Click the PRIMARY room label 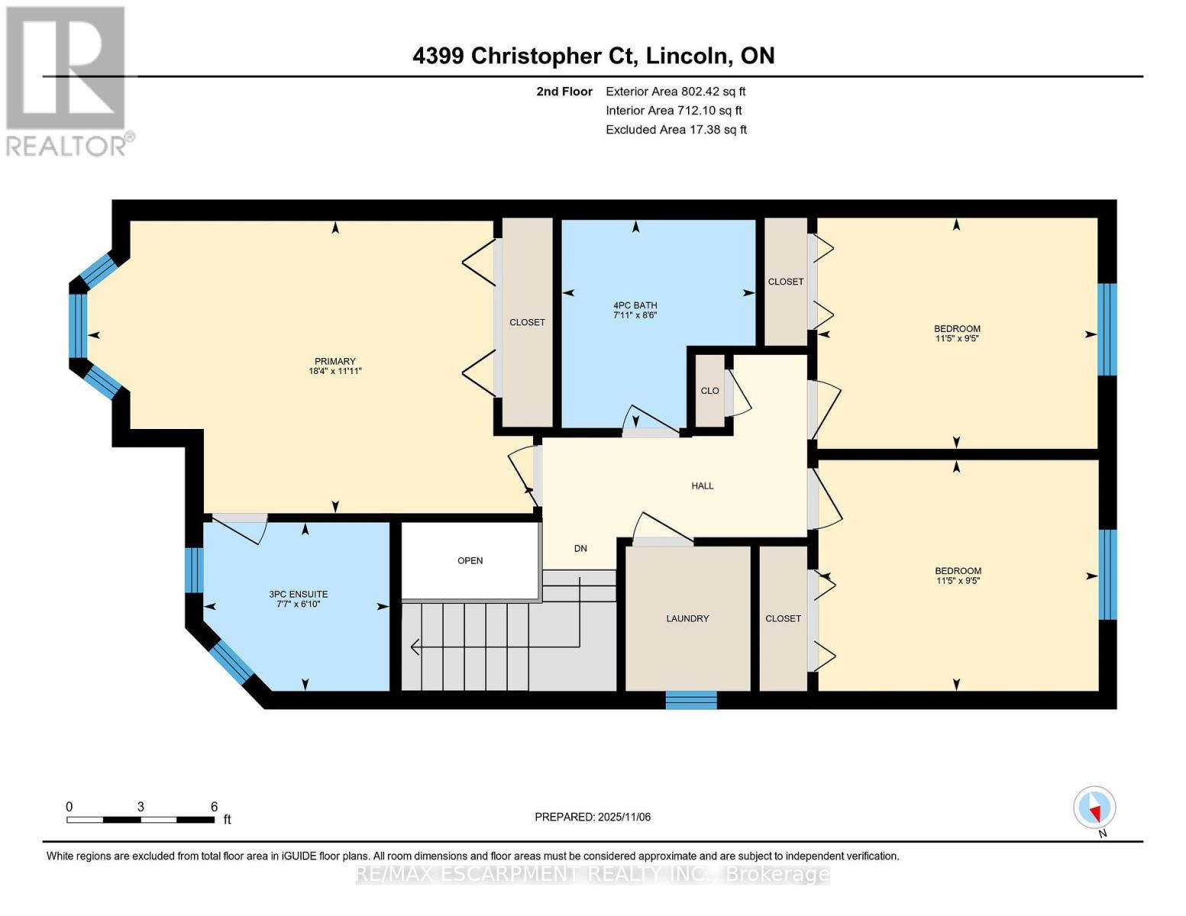[x=334, y=361]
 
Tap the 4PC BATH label [x=635, y=305]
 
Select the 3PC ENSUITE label [x=298, y=594]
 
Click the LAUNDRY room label [x=687, y=618]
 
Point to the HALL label [x=702, y=485]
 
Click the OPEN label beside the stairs [x=470, y=560]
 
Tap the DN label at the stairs [x=580, y=548]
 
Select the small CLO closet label [x=709, y=391]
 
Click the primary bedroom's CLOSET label [x=527, y=322]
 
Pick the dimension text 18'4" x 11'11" [x=334, y=372]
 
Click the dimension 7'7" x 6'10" [x=298, y=605]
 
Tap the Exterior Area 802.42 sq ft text [x=675, y=92]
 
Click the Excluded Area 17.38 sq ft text [x=676, y=130]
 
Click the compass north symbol [x=1094, y=808]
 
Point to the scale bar [x=141, y=820]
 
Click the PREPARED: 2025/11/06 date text [x=593, y=817]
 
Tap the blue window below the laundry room [x=691, y=699]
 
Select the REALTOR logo [x=67, y=80]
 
